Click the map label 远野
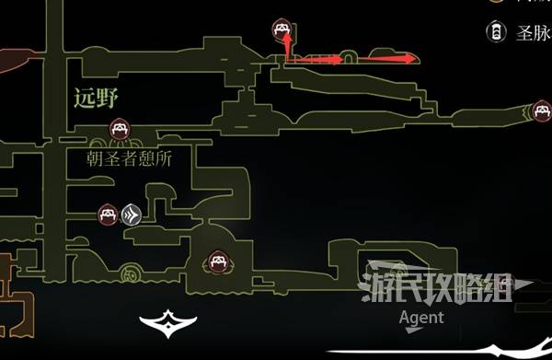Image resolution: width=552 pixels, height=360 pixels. point(95,95)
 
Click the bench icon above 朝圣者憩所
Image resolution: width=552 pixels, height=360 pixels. point(119,127)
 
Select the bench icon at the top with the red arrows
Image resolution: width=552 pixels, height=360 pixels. point(282,30)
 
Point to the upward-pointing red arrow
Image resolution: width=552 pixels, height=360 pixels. point(287,47)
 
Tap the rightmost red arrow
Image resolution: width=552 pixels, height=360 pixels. point(385,59)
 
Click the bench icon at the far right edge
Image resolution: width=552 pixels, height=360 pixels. point(543,111)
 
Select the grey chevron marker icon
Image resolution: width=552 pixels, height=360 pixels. point(131,215)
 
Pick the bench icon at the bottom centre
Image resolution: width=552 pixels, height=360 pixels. point(218,261)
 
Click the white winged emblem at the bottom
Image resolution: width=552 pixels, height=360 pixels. point(168,321)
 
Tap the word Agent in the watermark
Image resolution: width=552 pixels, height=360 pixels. point(421,318)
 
